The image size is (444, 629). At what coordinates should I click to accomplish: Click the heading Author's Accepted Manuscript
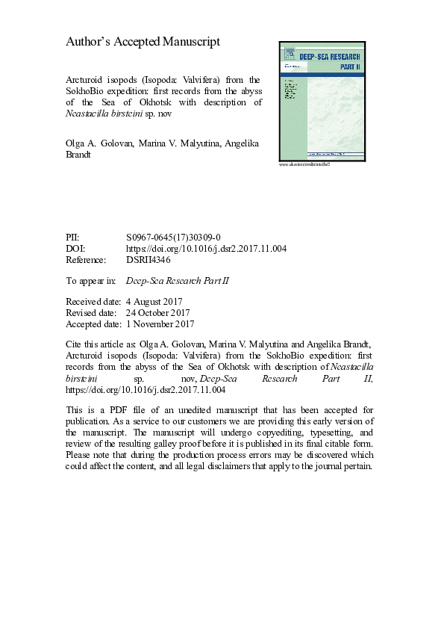[143, 42]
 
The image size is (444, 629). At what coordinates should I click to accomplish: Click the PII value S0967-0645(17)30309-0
[173, 237]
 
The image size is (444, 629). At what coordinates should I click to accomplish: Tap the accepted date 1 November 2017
[161, 324]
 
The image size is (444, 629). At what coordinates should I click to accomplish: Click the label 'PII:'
[75, 237]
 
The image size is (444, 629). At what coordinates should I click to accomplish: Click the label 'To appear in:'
[91, 281]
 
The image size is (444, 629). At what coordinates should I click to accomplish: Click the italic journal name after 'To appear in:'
[188, 281]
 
